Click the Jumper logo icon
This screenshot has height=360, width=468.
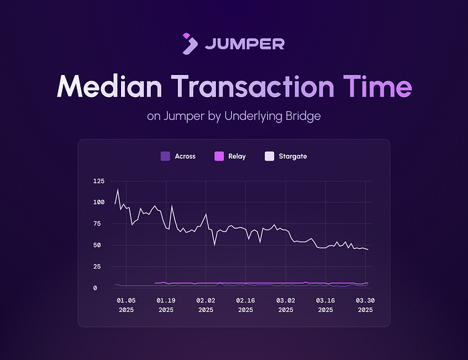tap(190, 43)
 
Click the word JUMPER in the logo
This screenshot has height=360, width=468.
tap(245, 44)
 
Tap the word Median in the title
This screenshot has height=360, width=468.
tap(109, 86)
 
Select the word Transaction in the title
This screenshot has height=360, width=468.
tap(253, 86)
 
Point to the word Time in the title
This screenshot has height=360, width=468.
tap(378, 86)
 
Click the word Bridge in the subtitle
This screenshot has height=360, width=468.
tap(303, 116)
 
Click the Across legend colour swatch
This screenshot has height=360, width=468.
tap(165, 157)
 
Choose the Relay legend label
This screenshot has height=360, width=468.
tap(237, 157)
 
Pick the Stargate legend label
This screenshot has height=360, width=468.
tap(293, 157)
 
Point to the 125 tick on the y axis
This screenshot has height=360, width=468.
tap(99, 181)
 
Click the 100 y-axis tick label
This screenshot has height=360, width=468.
tap(99, 202)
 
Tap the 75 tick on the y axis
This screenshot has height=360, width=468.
tap(97, 223)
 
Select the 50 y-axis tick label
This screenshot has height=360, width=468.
tap(97, 246)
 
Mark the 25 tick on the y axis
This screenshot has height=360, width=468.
tap(97, 267)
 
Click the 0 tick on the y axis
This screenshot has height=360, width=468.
tap(95, 288)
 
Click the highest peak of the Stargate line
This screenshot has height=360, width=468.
tap(118, 189)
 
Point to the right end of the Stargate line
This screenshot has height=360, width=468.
tap(368, 250)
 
